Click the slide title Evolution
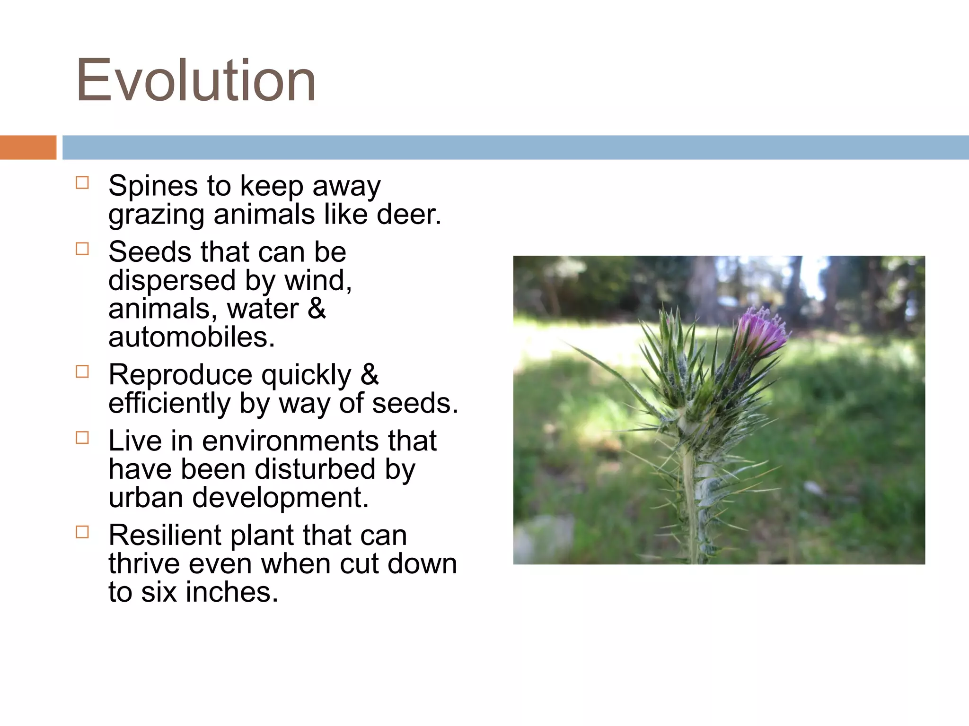coord(196,80)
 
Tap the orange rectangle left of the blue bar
coord(28,147)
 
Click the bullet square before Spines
coord(82,183)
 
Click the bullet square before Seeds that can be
coord(82,249)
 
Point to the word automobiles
coord(191,337)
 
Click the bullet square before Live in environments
coord(82,438)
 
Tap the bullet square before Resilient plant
coord(82,532)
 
